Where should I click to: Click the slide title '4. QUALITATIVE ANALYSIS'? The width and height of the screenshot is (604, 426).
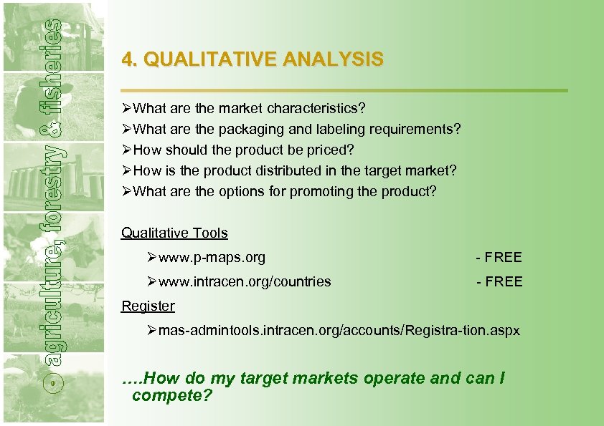point(253,59)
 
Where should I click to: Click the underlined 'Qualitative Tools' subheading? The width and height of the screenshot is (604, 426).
point(174,233)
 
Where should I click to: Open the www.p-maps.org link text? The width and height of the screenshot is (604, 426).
point(212,257)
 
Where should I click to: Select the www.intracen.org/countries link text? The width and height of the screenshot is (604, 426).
point(245,281)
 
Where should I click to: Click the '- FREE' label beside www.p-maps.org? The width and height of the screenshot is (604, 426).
point(499,257)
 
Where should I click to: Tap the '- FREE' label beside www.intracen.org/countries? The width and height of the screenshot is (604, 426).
point(499,281)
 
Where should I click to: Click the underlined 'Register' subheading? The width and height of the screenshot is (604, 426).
point(148,306)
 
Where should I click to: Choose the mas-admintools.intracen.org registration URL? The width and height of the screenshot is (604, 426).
point(339,331)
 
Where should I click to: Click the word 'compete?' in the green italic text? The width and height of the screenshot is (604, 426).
point(172,395)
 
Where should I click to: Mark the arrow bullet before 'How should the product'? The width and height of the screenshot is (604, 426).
point(127,150)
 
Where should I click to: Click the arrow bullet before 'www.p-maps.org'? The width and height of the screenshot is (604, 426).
point(151,257)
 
